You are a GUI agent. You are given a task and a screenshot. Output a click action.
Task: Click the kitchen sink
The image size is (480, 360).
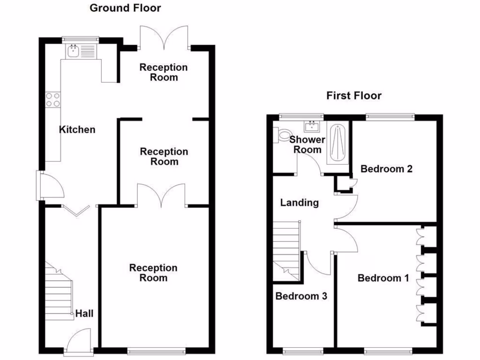point(73,51)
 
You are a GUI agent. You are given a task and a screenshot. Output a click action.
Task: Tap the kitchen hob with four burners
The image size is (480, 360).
point(52,100)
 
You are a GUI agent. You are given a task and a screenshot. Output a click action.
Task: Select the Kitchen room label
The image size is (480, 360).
point(77,129)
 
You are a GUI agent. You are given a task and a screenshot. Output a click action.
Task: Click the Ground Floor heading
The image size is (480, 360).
point(125,8)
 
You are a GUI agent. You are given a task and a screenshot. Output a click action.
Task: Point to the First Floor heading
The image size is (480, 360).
point(354,96)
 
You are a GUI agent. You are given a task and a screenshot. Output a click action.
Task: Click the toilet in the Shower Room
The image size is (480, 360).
point(283,135)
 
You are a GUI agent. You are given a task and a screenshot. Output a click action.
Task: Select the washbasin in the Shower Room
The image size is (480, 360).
point(311,126)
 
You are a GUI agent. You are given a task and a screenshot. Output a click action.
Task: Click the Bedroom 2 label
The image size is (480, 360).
point(386,169)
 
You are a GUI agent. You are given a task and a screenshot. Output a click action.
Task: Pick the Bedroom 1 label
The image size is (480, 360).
point(383,278)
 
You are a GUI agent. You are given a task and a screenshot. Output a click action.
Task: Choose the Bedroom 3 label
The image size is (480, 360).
point(301,296)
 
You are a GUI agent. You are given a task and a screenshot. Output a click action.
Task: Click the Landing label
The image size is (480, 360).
point(300,202)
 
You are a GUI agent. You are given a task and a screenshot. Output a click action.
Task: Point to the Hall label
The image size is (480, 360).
point(84,313)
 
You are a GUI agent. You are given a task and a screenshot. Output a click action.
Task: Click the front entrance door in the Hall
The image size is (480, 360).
point(78,341)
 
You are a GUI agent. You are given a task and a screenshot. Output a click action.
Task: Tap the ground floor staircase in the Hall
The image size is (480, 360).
point(59,293)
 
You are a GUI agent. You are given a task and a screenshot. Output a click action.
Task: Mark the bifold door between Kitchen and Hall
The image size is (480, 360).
point(76,210)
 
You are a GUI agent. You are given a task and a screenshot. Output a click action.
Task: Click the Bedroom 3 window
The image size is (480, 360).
point(302,351)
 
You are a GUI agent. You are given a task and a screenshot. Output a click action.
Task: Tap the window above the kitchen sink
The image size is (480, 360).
point(81,39)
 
